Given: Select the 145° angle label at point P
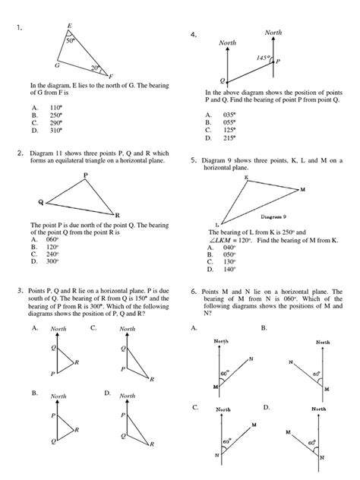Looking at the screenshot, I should click(264, 57).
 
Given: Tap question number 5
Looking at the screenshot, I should click(194, 161).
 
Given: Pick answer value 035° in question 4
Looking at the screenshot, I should click(226, 115).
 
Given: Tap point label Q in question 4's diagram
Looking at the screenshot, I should click(223, 79).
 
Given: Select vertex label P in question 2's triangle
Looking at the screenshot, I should click(85, 175).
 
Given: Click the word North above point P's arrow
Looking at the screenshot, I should click(273, 33).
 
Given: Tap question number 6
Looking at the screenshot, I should click(194, 291).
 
